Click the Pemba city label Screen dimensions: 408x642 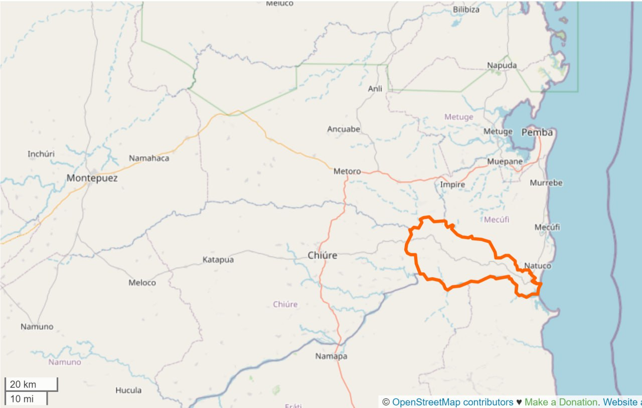[537, 132]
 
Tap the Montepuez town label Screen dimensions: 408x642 [92, 178]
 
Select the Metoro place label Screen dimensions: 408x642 [347, 172]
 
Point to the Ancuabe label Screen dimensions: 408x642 [344, 129]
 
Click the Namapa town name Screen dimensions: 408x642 [331, 357]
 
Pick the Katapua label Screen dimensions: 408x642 [218, 260]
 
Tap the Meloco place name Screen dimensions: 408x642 [142, 283]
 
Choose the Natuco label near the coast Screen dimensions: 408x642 [537, 266]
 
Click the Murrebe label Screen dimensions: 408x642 [546, 183]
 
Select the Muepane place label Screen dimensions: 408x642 [505, 162]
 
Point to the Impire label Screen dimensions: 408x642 [452, 185]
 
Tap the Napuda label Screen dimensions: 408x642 [502, 66]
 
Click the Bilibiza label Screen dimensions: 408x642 [466, 10]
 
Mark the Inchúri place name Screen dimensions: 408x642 [41, 154]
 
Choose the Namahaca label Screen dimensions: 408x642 [149, 159]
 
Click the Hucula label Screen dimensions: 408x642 [128, 390]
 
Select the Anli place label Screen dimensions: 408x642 [375, 89]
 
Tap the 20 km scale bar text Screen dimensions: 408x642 [23, 384]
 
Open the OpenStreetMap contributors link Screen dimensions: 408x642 [452, 402]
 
